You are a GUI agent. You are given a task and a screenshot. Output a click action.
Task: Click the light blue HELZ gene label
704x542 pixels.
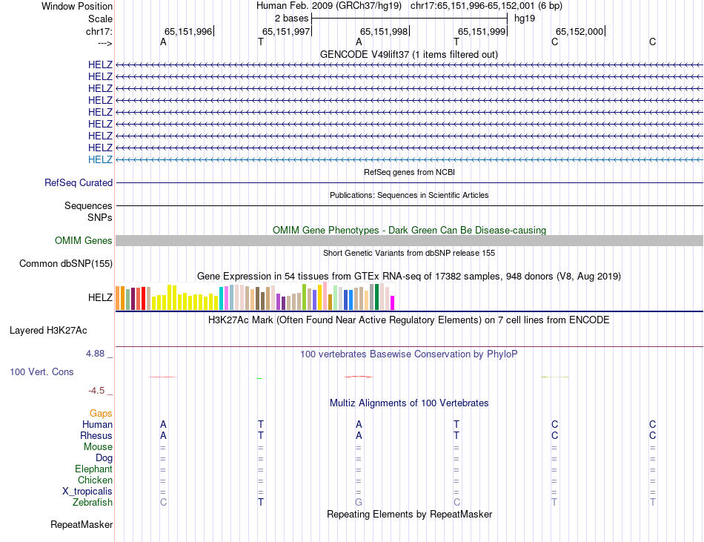click(x=100, y=159)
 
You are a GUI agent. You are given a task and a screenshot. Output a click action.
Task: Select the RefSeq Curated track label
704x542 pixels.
click(x=79, y=182)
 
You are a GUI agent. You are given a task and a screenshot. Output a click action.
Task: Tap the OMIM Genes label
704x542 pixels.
click(x=84, y=240)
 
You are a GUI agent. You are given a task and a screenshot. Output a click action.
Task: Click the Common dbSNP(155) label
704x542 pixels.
click(x=66, y=263)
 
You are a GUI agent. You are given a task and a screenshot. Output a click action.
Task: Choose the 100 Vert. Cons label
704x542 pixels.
click(x=41, y=371)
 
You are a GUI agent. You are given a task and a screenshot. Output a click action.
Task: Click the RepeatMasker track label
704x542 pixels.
click(x=82, y=525)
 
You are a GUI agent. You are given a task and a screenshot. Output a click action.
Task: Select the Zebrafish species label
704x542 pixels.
click(x=93, y=503)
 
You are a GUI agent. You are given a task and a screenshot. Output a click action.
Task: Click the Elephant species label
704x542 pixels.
click(x=93, y=469)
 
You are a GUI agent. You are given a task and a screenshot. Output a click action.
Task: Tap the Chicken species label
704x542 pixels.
click(x=95, y=480)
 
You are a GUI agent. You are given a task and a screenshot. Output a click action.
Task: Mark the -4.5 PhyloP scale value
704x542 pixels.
click(x=96, y=391)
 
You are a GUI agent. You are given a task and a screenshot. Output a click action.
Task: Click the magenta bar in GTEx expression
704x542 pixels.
click(x=393, y=303)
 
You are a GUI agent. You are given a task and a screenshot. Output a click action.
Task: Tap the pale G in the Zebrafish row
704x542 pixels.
click(x=359, y=503)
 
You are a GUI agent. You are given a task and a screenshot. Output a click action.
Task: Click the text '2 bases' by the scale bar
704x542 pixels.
click(x=291, y=18)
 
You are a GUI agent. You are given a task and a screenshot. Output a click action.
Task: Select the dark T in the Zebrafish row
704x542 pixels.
click(x=261, y=503)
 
